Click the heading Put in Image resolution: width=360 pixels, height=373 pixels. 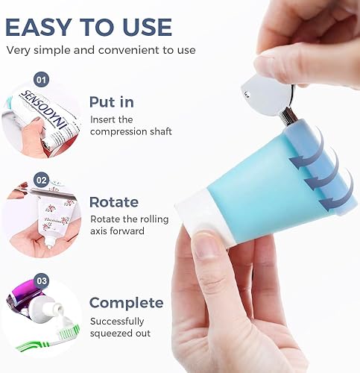[x=112, y=102]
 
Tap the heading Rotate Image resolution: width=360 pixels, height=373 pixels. [x=113, y=202]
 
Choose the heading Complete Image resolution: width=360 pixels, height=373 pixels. [x=126, y=303]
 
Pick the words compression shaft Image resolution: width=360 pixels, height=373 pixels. [x=131, y=132]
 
